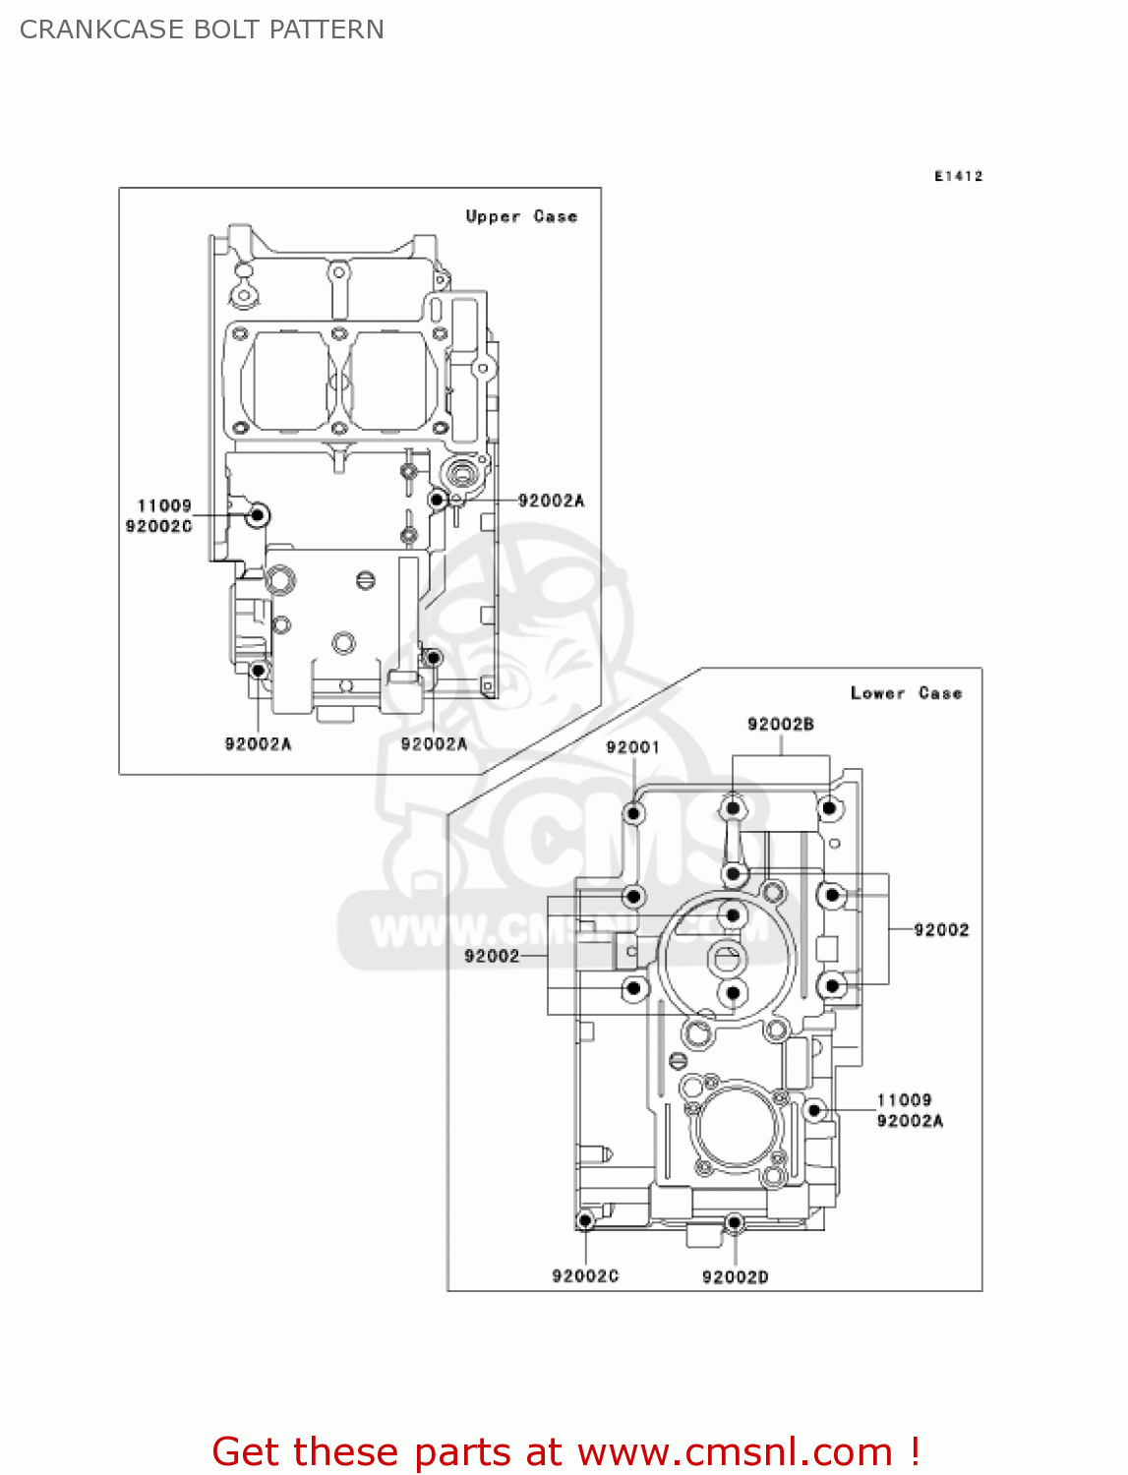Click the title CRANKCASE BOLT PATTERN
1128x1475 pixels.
202,29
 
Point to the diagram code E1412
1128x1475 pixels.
958,176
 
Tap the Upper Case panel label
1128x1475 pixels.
521,216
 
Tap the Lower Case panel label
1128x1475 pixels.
906,693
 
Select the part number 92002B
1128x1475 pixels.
781,725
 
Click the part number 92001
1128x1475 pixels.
632,747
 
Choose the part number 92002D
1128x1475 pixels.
735,1276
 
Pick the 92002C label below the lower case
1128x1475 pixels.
585,1276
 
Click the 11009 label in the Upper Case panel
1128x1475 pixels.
164,505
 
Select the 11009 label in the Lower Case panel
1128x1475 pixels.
904,1100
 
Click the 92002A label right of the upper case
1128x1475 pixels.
551,501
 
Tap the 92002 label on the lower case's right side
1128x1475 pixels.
941,930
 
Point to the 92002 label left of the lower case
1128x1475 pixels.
492,956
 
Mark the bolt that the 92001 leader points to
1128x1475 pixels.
634,813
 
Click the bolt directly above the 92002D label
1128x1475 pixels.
734,1222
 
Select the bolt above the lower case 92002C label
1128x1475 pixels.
585,1221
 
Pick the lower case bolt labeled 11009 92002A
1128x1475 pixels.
813,1110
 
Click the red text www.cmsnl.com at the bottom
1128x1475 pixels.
735,1451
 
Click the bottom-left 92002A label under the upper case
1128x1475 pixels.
258,744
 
